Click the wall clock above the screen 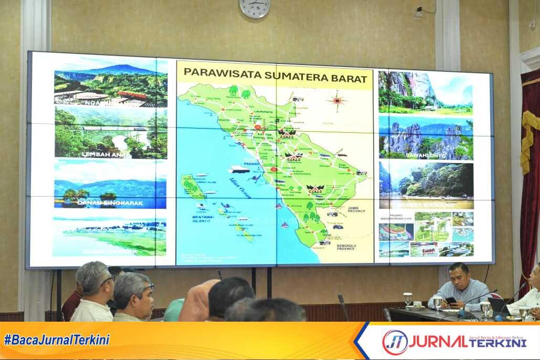[x=255, y=7]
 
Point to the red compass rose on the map [x=336, y=100]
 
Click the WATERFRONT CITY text [x=395, y=219]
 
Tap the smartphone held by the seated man [x=451, y=301]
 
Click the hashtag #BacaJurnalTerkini [x=57, y=340]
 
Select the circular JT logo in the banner [x=395, y=342]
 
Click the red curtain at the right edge [x=530, y=173]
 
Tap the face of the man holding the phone [x=458, y=278]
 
